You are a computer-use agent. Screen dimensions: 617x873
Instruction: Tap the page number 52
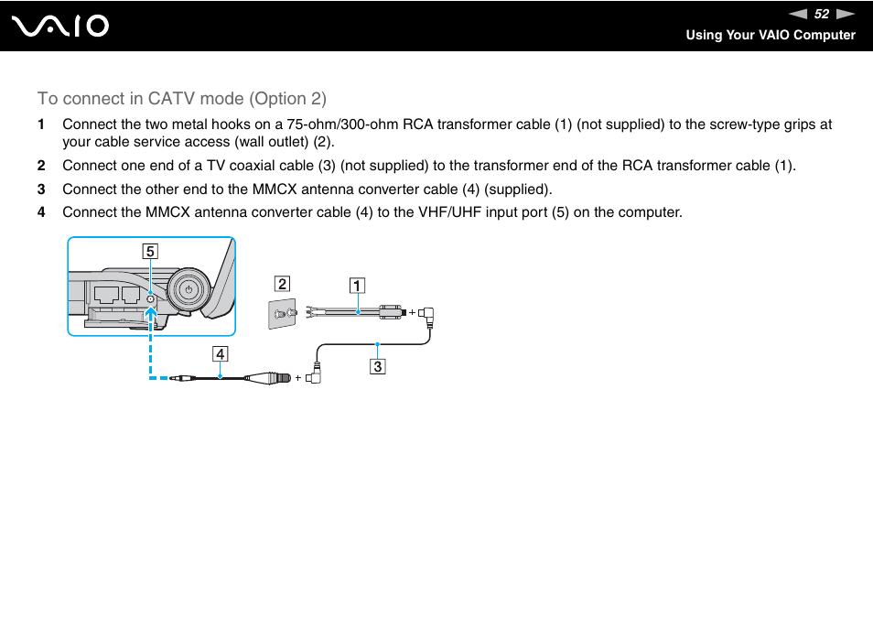[822, 14]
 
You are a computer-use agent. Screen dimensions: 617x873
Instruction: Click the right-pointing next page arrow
[846, 14]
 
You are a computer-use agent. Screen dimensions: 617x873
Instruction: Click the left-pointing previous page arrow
[798, 14]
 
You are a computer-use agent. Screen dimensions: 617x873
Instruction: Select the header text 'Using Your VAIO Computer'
[771, 35]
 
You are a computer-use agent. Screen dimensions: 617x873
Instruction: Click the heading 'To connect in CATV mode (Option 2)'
[181, 98]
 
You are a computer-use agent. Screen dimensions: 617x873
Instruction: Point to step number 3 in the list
[40, 189]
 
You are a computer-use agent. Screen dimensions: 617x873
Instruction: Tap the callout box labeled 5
[149, 251]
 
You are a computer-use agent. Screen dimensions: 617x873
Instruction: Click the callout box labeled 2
[283, 284]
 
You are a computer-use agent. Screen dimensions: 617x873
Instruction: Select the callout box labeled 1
[356, 285]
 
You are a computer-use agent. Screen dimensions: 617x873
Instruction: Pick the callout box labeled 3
[377, 367]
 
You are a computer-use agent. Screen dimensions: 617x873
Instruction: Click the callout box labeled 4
[220, 353]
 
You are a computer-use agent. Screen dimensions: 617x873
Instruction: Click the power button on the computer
[188, 288]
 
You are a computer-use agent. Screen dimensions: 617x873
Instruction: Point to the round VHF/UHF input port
[150, 298]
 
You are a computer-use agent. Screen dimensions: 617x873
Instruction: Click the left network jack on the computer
[103, 296]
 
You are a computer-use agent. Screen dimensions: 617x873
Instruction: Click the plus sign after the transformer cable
[412, 312]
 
